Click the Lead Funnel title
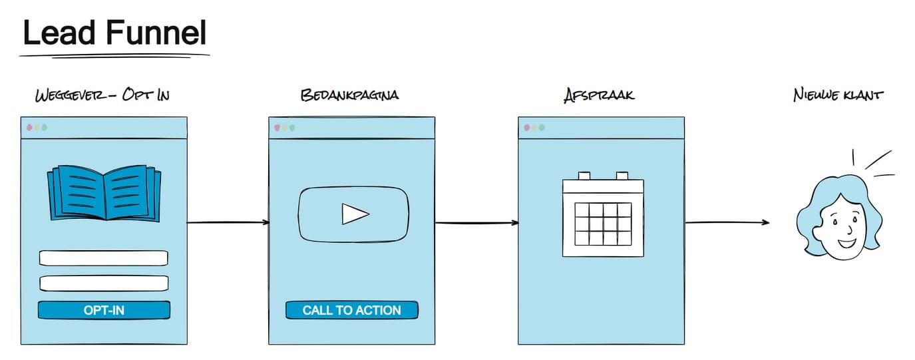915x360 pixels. (x=115, y=33)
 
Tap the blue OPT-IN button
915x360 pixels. (x=104, y=310)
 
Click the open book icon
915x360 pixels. (x=104, y=193)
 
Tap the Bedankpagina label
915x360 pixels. (x=350, y=95)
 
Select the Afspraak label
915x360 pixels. (x=599, y=95)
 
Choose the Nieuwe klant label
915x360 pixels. (x=838, y=95)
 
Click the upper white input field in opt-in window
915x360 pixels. (x=104, y=258)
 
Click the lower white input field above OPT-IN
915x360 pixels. (x=104, y=283)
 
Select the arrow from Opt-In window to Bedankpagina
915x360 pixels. (x=228, y=222)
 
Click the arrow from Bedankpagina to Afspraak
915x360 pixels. (x=476, y=222)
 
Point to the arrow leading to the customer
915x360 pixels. (x=727, y=222)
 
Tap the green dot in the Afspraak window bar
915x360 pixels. (x=542, y=128)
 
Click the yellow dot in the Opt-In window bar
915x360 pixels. (x=37, y=128)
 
